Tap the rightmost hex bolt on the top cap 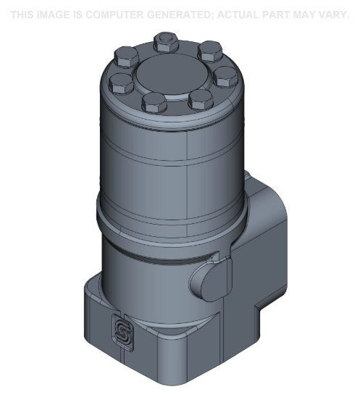(x=225, y=75)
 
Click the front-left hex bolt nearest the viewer (x=154, y=102)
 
